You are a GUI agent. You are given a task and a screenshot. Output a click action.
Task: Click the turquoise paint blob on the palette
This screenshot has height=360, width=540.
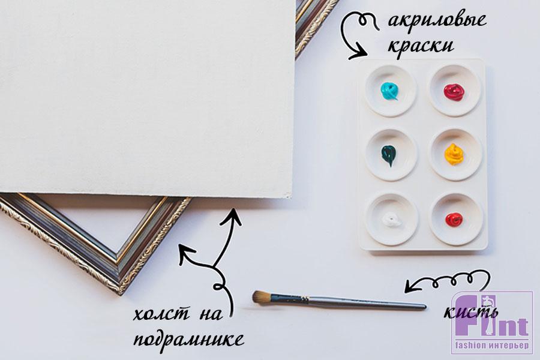389,91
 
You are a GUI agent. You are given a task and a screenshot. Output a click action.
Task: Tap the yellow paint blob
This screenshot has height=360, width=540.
454,154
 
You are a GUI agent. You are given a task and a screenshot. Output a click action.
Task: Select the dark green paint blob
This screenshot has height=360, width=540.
389,155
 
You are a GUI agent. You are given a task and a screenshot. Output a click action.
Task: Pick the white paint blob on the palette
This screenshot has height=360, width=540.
392,220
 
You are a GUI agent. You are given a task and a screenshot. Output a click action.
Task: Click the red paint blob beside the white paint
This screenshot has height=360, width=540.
454,219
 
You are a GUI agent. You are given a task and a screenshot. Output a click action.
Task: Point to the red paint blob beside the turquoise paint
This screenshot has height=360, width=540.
454,92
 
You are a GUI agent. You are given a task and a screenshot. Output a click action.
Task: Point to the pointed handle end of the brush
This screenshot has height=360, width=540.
425,307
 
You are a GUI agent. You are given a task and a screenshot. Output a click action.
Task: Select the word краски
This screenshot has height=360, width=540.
421,46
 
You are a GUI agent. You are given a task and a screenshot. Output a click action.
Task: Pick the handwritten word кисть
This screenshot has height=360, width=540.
471,312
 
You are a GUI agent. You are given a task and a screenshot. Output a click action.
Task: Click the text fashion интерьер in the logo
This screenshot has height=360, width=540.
492,346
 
